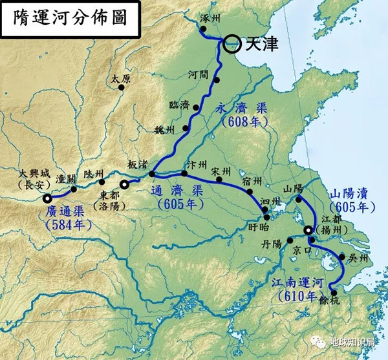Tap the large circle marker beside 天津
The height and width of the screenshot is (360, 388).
[x=233, y=44]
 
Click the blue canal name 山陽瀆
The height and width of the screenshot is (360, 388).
[x=352, y=194]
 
